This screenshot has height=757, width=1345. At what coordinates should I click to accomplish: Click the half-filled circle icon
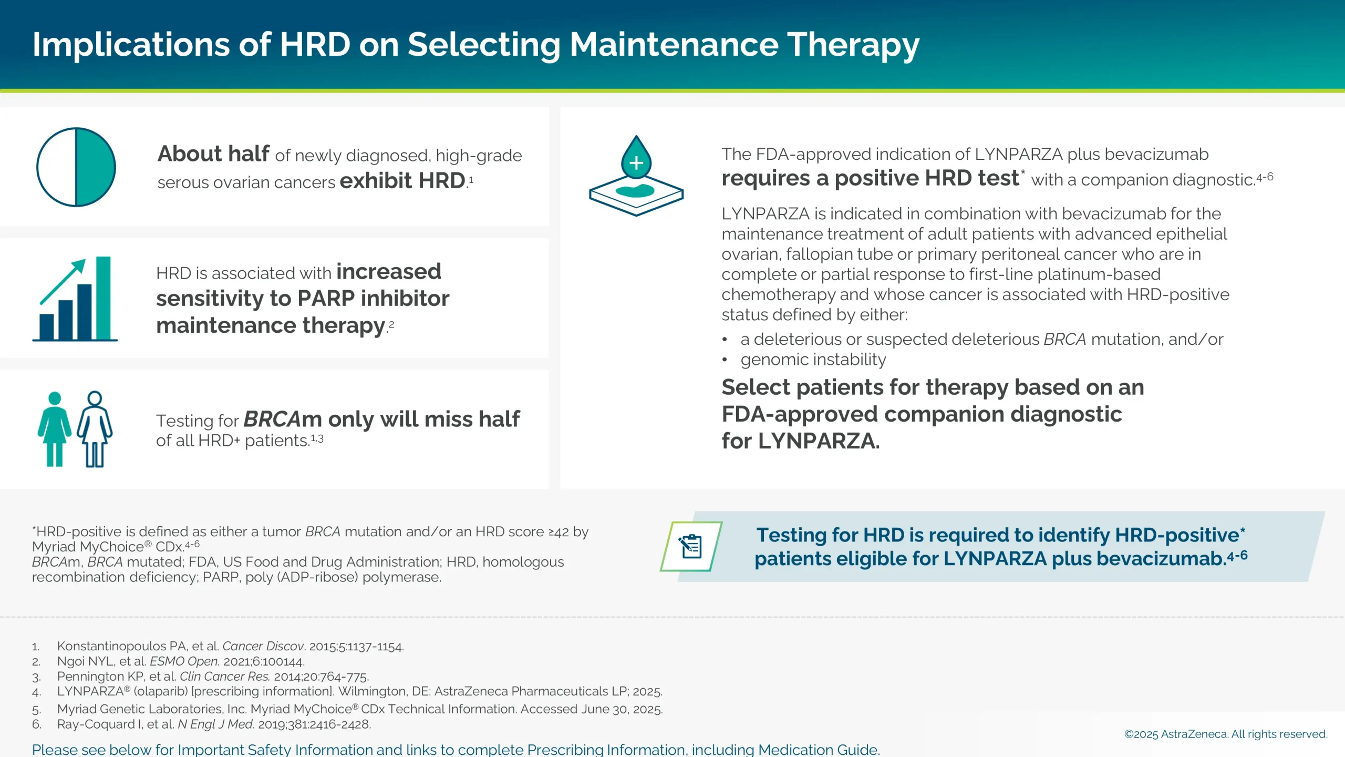click(x=76, y=167)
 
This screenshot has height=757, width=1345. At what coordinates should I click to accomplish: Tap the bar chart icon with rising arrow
click(x=75, y=299)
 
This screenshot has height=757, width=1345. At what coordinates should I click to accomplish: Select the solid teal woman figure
click(x=54, y=429)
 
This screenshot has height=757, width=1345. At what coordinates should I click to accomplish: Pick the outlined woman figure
click(x=95, y=429)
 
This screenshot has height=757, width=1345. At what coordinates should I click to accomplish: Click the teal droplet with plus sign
click(x=636, y=158)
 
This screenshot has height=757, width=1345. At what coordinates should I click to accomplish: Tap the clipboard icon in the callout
click(x=690, y=546)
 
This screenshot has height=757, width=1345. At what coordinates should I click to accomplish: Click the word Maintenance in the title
click(x=674, y=44)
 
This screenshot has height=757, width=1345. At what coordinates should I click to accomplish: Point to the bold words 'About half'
click(x=213, y=154)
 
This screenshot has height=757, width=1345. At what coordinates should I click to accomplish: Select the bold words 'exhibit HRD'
click(x=402, y=181)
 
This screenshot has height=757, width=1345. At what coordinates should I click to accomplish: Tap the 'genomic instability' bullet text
click(x=813, y=360)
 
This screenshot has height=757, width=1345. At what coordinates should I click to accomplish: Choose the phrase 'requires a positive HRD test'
click(x=870, y=178)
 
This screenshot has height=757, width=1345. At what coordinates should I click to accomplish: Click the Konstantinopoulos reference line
click(x=230, y=646)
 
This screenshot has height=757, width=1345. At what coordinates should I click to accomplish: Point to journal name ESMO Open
click(x=184, y=661)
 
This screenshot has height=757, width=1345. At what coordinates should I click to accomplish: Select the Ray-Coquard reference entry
click(x=213, y=724)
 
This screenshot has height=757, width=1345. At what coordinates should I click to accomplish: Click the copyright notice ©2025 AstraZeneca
click(x=1225, y=734)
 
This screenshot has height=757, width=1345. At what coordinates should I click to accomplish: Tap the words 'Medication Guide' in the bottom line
click(x=818, y=750)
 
